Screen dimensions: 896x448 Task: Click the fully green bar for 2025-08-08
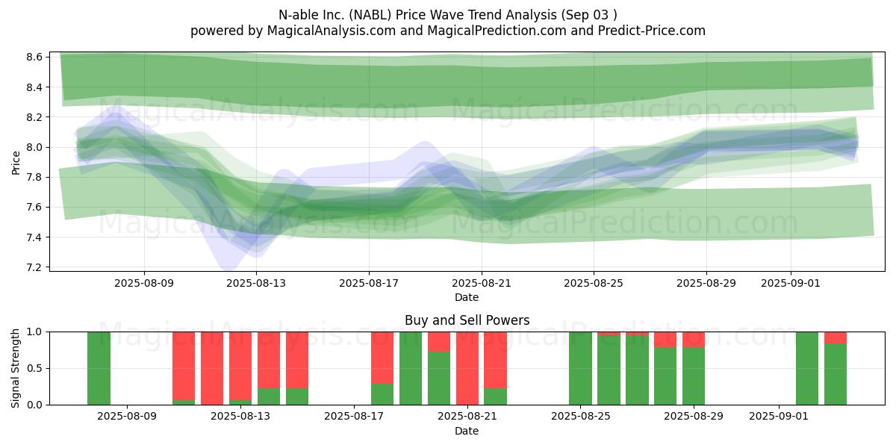pos(99,368)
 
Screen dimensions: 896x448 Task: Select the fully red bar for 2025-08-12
pos(212,368)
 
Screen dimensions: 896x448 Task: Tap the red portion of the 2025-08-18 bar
pos(382,358)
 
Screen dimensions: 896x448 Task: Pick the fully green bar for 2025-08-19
pos(411,368)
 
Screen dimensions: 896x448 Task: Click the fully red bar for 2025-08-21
pos(467,368)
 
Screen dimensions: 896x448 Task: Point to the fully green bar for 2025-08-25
pos(581,368)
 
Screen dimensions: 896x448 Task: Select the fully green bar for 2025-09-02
pos(807,368)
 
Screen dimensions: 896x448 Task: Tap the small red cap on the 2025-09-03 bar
pos(836,338)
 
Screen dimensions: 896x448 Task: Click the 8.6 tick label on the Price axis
pos(34,57)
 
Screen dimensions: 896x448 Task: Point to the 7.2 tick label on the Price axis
pos(34,267)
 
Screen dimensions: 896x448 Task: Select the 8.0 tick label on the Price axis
pos(34,147)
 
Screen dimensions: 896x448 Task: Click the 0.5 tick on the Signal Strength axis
pos(34,368)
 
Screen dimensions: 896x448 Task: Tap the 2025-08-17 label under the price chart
pos(369,283)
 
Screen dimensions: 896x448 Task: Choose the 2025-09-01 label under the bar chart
pos(778,417)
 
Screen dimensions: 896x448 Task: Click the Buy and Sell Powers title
pos(467,320)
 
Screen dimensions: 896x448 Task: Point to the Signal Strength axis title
pos(15,368)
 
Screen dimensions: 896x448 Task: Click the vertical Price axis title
pos(16,163)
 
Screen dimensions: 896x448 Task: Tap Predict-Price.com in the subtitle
pos(652,31)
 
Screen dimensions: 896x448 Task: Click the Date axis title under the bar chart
pos(467,431)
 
